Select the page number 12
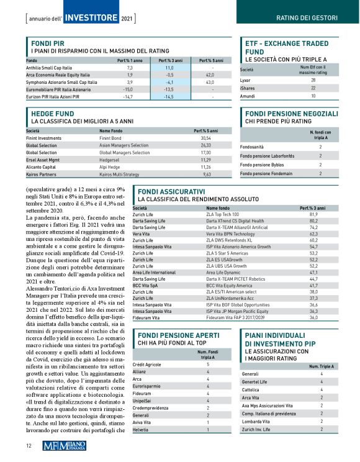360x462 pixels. (29, 445)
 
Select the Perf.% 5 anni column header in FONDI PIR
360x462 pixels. (210, 60)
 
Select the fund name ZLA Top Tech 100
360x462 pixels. (222, 214)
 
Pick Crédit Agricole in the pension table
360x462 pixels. (146, 363)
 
